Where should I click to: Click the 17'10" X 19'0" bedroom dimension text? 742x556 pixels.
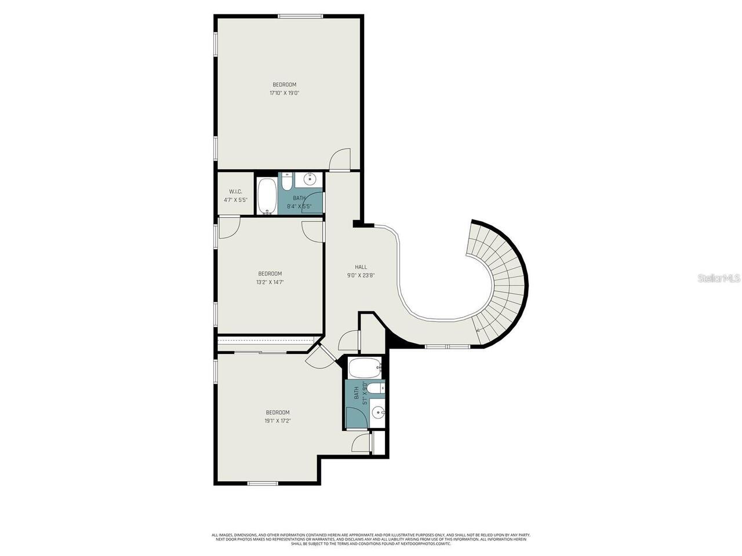pyautogui.click(x=284, y=93)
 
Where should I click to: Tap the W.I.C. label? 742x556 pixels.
pyautogui.click(x=235, y=192)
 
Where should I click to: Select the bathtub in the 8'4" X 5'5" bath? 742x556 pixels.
pyautogui.click(x=267, y=196)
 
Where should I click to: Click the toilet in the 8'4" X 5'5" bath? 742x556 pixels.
pyautogui.click(x=286, y=182)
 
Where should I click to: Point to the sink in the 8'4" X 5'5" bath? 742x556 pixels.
pyautogui.click(x=310, y=179)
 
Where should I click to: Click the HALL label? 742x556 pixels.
pyautogui.click(x=361, y=267)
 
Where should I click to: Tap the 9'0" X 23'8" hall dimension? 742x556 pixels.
pyautogui.click(x=361, y=276)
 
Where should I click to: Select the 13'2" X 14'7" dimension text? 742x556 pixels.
pyautogui.click(x=270, y=283)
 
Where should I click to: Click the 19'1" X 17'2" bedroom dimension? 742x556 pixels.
pyautogui.click(x=277, y=421)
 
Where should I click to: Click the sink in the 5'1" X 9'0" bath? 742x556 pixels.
pyautogui.click(x=377, y=413)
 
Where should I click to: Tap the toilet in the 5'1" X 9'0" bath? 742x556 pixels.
pyautogui.click(x=375, y=388)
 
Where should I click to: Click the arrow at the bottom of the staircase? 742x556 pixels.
pyautogui.click(x=478, y=330)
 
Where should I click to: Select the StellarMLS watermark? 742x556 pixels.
pyautogui.click(x=718, y=279)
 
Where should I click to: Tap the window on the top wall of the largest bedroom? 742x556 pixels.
pyautogui.click(x=300, y=16)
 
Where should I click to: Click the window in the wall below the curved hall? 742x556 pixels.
pyautogui.click(x=447, y=346)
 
